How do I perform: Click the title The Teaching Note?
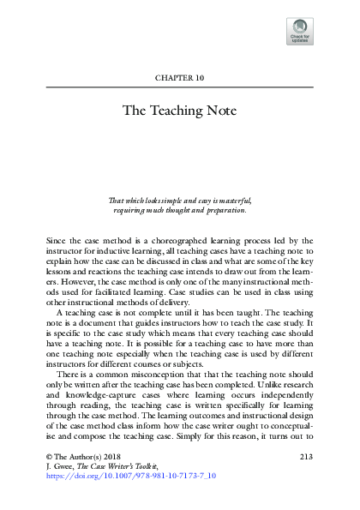click(x=179, y=111)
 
